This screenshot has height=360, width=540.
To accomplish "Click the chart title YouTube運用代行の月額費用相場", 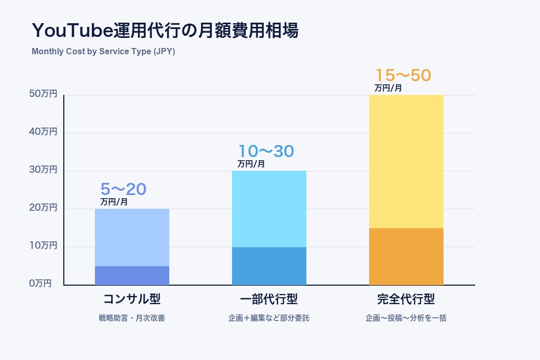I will coord(165,31).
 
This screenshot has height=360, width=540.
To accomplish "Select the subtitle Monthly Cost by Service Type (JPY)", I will coord(103,52).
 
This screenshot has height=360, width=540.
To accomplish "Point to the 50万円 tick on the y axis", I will coord(43,94).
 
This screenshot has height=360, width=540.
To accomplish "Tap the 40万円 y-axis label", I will coord(43,132).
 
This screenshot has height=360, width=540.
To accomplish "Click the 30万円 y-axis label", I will coord(43,170).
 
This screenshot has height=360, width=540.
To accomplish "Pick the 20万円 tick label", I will coord(43,208).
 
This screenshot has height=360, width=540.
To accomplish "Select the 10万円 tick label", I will coord(43,246).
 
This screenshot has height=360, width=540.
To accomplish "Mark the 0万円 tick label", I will coord(41,284).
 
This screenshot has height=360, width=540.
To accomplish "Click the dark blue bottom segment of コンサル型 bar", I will coord(132,275).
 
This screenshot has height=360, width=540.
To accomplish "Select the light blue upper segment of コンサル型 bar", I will coord(132,237).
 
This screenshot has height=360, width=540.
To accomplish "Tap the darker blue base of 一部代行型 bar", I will coord(269,266).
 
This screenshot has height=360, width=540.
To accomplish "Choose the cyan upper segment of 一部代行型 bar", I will coord(269,209).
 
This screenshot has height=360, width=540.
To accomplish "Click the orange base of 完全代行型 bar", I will coord(406,256).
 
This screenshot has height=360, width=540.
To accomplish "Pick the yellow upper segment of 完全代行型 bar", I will coord(406,161).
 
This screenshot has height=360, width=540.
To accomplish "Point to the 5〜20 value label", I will coord(123,189).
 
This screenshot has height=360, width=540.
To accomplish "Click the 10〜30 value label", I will coord(266,151).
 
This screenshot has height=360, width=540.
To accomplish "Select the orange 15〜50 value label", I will coord(403,75).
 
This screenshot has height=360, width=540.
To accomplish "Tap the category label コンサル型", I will coord(132,299).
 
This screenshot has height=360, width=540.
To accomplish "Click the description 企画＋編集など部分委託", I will coord(269,318).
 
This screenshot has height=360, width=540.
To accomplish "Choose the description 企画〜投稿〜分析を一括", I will coord(406,318).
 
